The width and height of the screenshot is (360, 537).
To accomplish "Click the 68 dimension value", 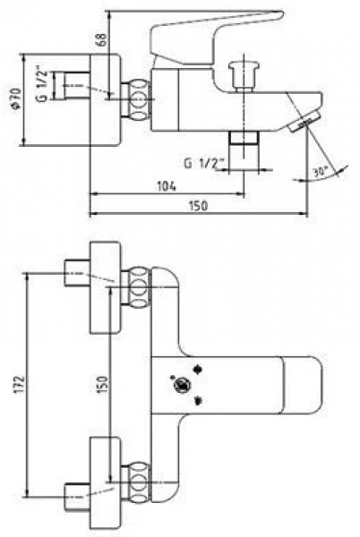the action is [102, 40].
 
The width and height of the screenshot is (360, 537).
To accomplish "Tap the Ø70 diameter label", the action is [16, 98].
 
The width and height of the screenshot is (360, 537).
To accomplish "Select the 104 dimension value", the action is [167, 186].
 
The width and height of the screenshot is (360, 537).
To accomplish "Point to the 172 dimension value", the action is [21, 384].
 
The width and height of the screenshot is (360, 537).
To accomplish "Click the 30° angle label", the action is [321, 171].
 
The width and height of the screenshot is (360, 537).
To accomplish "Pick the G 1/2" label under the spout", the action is [204, 164].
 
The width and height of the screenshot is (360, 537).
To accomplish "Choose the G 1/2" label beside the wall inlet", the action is [42, 86].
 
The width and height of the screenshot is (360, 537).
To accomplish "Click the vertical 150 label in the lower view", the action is [102, 384].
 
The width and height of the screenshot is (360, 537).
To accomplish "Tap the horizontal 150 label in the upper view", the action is [198, 206].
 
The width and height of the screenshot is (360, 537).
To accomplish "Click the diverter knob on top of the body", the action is [244, 75].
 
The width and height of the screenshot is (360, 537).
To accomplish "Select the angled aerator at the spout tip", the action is [304, 122].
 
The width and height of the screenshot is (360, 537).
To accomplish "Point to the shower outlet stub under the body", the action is [244, 150].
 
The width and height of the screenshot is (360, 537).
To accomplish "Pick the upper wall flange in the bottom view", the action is [105, 287].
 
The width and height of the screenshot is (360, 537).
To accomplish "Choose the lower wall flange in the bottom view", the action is [105, 483].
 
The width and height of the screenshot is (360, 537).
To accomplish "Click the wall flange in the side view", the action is [105, 99].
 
